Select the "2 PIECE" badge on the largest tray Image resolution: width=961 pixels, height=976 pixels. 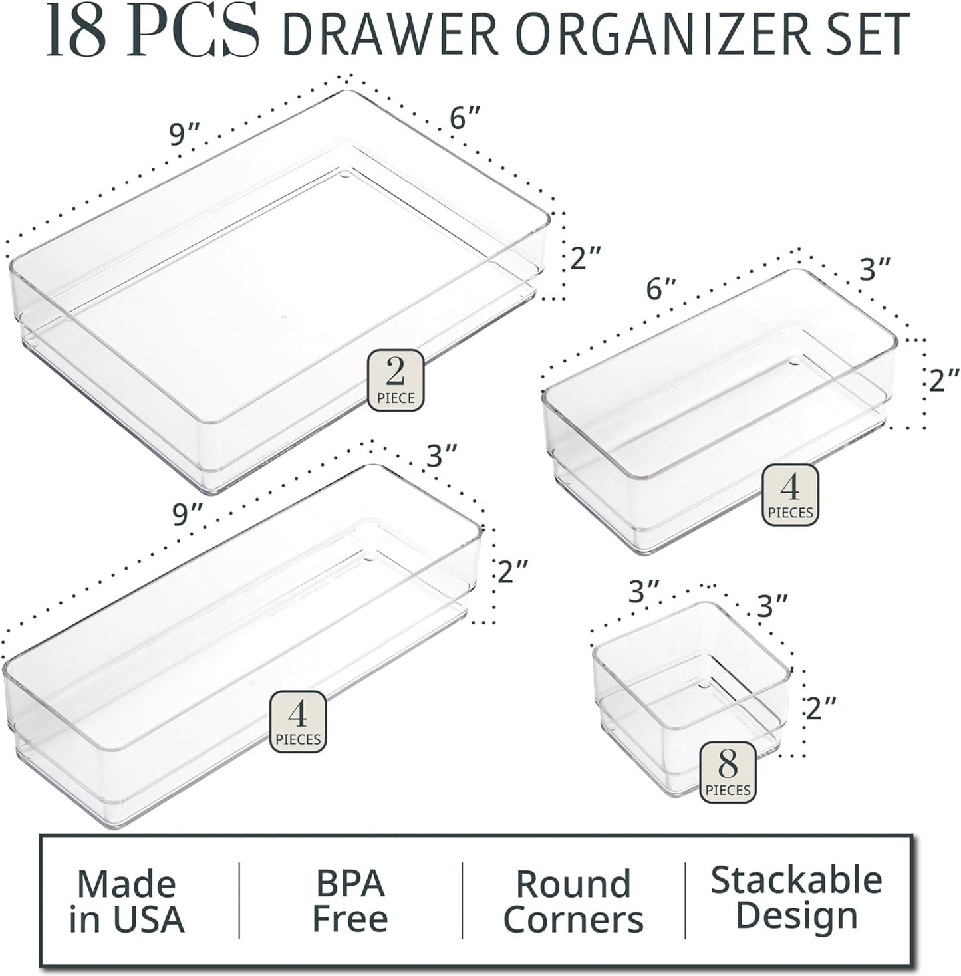(396, 380)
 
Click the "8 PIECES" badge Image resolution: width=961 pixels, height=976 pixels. (728, 771)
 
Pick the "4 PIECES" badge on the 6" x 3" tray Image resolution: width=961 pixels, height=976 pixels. (790, 494)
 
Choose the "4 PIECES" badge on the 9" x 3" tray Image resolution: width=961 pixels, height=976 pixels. (298, 721)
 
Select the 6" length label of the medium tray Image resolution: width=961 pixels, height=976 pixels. (660, 289)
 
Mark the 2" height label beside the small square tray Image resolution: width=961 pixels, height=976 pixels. (820, 709)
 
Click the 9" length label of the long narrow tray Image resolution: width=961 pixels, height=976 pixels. (188, 514)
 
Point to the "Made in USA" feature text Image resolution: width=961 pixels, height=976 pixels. (126, 902)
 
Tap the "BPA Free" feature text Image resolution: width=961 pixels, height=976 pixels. (350, 901)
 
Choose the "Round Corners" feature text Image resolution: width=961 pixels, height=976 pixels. (573, 902)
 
